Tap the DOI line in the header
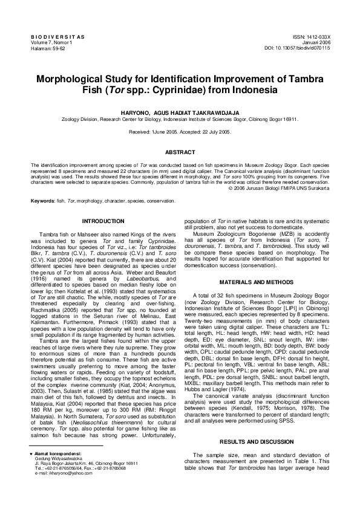tap(297, 48)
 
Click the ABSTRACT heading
tap(180, 152)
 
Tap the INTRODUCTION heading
tap(103, 221)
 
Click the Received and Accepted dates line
tap(180, 131)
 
